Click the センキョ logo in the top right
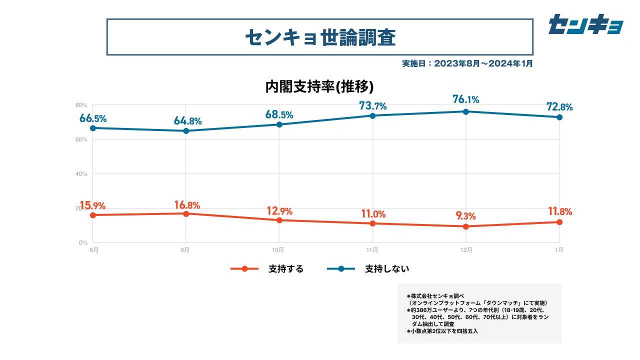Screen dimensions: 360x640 pos(585,24)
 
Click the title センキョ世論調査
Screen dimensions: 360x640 pos(320,37)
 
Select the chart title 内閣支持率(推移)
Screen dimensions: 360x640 pos(319,87)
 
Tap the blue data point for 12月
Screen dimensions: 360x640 pos(466,111)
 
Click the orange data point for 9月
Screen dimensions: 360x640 pos(186,213)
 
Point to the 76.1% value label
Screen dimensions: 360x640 pos(466,99)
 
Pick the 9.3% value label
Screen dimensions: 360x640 pos(466,216)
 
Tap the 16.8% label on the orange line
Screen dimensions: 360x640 pos(187,205)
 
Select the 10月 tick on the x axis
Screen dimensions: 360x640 pos(278,249)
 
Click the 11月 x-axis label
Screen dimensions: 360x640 pos(372,249)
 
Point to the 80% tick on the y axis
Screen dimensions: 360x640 pos(81,105)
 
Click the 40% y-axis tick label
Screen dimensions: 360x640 pos(81,174)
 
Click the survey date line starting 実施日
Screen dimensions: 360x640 pos(467,63)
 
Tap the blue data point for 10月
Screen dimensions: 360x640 pos(279,124)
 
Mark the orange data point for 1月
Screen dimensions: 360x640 pos(559,222)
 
